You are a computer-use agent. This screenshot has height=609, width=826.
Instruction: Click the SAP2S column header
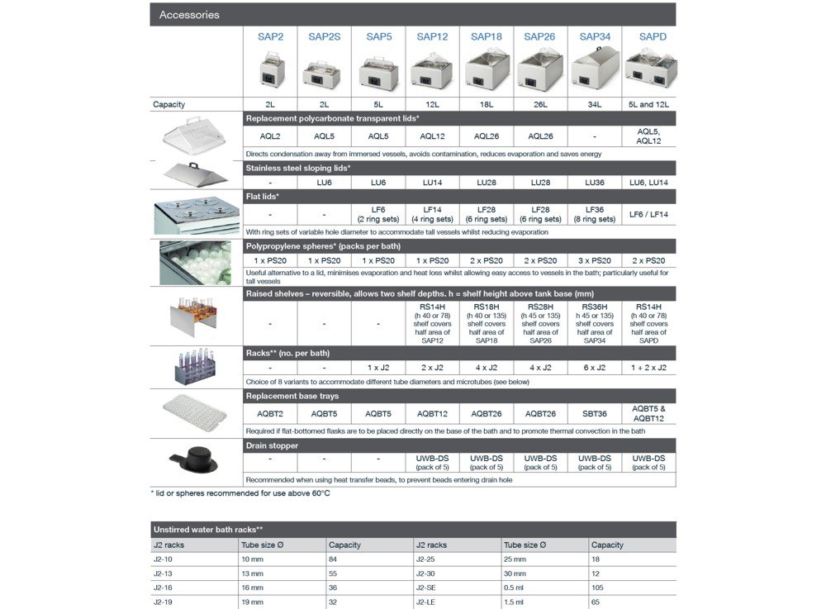click(x=324, y=36)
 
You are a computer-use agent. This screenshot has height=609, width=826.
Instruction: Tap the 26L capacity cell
click(x=540, y=105)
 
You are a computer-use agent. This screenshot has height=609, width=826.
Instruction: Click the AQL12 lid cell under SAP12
click(x=432, y=136)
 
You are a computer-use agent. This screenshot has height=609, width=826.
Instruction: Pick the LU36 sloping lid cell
click(x=595, y=182)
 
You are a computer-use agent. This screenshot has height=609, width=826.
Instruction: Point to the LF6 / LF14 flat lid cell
click(x=648, y=214)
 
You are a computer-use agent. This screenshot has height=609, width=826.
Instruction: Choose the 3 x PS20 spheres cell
click(x=595, y=260)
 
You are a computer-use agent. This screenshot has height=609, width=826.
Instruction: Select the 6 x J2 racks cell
click(x=595, y=368)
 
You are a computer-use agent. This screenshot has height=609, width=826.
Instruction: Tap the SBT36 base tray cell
click(x=595, y=414)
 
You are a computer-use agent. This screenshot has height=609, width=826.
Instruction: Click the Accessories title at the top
click(x=189, y=15)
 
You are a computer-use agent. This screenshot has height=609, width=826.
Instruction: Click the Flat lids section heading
click(x=263, y=197)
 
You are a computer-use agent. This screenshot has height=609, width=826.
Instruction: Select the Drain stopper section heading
click(x=272, y=445)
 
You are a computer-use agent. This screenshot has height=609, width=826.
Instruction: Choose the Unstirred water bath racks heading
click(x=208, y=529)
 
